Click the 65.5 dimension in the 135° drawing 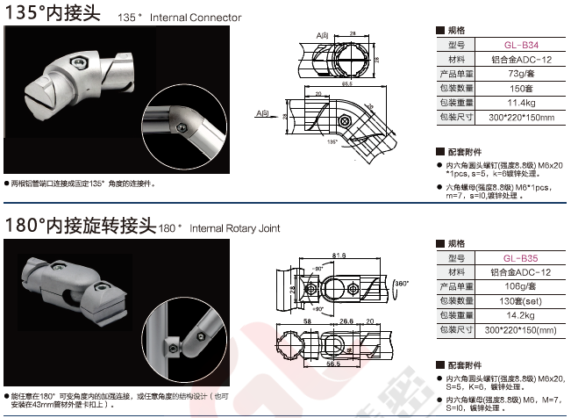point(335,87)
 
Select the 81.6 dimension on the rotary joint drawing point(339,256)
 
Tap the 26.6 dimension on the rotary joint point(346,322)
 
